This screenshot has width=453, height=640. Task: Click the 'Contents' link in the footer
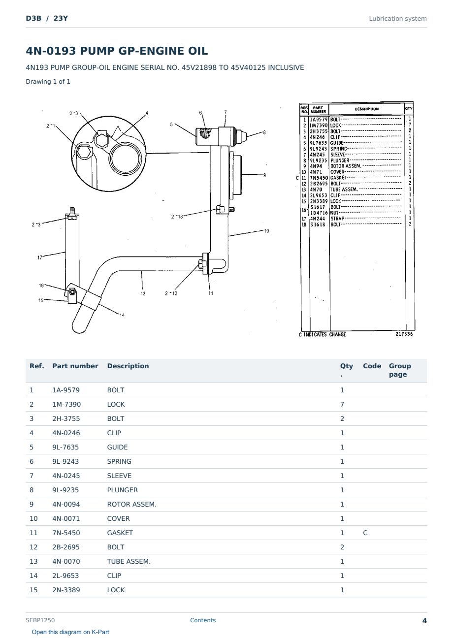tap(203, 620)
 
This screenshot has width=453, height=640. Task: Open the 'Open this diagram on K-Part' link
tap(70, 632)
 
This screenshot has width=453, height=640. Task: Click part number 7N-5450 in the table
tap(66, 533)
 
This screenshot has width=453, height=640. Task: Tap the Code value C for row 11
tap(365, 533)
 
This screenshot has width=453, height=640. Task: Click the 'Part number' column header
tap(75, 366)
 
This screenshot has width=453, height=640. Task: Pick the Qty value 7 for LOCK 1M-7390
tap(342, 404)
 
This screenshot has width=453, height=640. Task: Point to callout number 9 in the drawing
tap(264, 175)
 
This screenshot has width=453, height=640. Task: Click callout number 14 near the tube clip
tap(122, 315)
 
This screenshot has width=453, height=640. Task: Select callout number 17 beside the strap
tap(40, 257)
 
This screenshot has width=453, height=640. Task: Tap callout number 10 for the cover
tap(266, 231)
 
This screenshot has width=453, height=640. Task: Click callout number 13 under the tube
tap(143, 293)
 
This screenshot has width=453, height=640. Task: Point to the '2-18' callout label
tap(177, 217)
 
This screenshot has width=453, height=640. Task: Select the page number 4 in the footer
tap(424, 621)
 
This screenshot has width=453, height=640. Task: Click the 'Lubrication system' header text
tap(397, 19)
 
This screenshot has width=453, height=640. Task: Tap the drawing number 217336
tap(404, 334)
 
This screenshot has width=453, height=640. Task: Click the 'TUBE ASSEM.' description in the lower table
tap(129, 561)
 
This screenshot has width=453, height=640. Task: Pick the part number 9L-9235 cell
tap(65, 490)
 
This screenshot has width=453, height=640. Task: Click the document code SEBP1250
tap(40, 620)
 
